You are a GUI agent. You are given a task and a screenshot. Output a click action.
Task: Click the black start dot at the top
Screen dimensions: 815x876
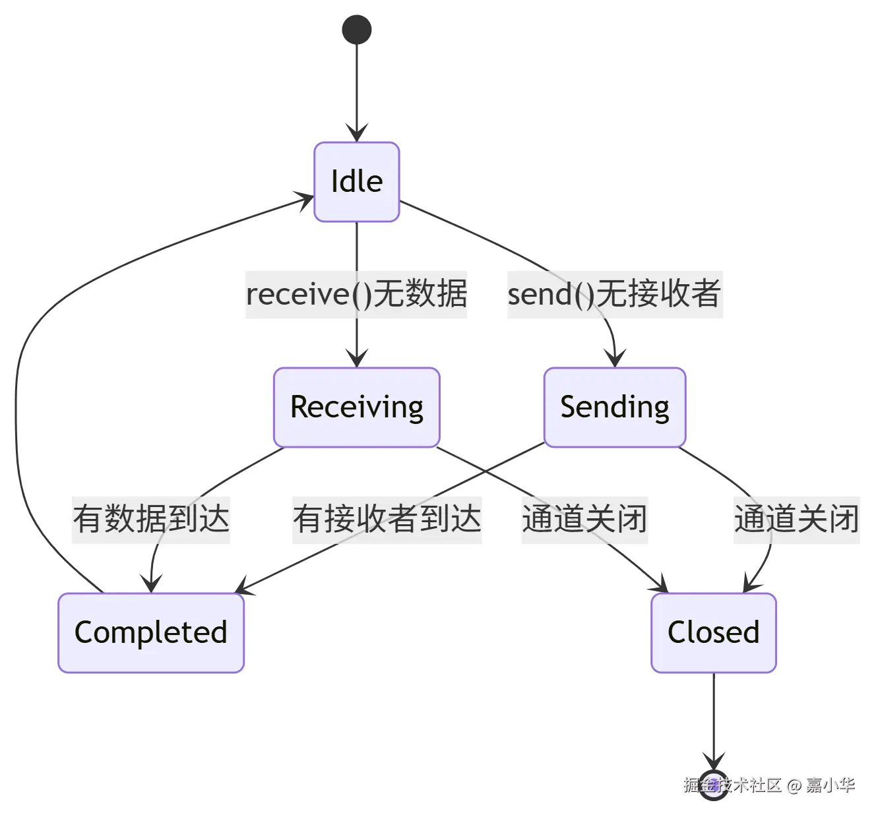coord(357,30)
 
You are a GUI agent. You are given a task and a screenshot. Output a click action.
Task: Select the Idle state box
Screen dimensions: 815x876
coord(357,182)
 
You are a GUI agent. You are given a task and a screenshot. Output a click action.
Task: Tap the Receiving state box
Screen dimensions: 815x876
coord(357,407)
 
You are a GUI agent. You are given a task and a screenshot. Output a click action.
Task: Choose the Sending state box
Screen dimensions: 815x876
coord(615,407)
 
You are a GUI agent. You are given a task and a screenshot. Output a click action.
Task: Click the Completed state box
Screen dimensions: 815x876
coord(151,632)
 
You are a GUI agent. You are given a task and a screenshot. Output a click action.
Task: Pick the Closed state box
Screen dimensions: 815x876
coord(714,632)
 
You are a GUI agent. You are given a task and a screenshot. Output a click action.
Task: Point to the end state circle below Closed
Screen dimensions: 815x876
coord(714,785)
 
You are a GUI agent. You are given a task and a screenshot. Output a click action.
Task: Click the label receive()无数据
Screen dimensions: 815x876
coord(356,294)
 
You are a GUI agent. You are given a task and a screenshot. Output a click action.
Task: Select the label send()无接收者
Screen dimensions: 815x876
coord(614,294)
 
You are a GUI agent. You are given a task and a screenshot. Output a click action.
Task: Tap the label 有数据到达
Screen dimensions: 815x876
coord(151,520)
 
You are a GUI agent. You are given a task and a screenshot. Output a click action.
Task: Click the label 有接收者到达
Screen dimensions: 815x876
coord(387,520)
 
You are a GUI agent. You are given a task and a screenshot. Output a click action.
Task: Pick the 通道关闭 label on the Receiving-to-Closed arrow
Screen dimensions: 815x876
coord(584,520)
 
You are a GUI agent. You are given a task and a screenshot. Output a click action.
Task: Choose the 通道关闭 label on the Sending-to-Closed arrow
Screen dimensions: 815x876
coord(797,520)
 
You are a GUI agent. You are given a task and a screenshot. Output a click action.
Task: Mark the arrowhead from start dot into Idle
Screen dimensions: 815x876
coord(357,134)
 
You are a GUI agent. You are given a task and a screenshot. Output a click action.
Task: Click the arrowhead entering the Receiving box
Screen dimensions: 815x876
coord(357,359)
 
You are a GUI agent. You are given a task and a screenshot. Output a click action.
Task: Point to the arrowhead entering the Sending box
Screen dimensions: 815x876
coord(615,359)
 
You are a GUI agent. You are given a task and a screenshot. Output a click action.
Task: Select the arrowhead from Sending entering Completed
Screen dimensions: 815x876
coord(243,588)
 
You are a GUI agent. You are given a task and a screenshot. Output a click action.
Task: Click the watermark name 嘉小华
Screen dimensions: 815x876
coord(830,785)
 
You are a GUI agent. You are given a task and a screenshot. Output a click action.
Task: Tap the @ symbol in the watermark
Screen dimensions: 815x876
coord(794,785)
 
